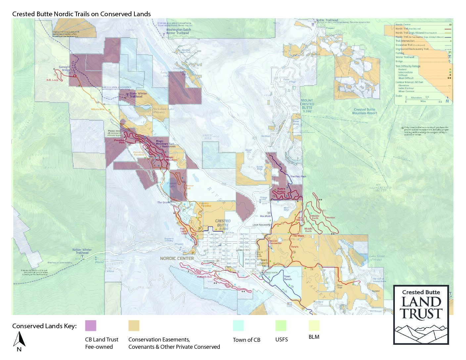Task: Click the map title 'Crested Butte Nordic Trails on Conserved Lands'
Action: point(81,14)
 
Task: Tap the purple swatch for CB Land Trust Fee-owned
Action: point(90,326)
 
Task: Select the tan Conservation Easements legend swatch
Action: point(134,326)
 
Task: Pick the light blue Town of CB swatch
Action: point(238,326)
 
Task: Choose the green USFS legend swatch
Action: point(281,326)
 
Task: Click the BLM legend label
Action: point(314,337)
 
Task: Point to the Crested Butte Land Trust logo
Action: point(421,315)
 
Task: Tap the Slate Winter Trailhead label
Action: point(138,95)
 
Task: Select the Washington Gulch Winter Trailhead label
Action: point(178,31)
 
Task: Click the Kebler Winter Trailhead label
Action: point(82,251)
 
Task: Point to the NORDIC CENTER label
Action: point(177,258)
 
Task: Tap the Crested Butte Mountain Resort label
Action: point(364,111)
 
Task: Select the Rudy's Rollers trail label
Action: point(281,190)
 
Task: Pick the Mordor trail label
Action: point(330,218)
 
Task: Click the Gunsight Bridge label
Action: point(65,68)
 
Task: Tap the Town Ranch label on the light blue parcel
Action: point(287,278)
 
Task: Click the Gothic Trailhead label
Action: point(327,20)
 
